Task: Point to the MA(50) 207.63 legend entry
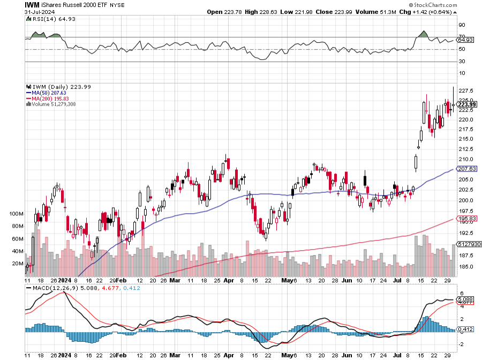coord(47,93)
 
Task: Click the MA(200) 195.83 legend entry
coord(48,99)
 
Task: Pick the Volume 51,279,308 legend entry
coord(52,104)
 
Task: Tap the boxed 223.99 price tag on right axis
coord(466,104)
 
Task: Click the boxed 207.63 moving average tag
coord(466,169)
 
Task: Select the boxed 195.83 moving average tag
coord(466,218)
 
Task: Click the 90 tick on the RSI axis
coord(461,24)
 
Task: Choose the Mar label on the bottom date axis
coord(175,280)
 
